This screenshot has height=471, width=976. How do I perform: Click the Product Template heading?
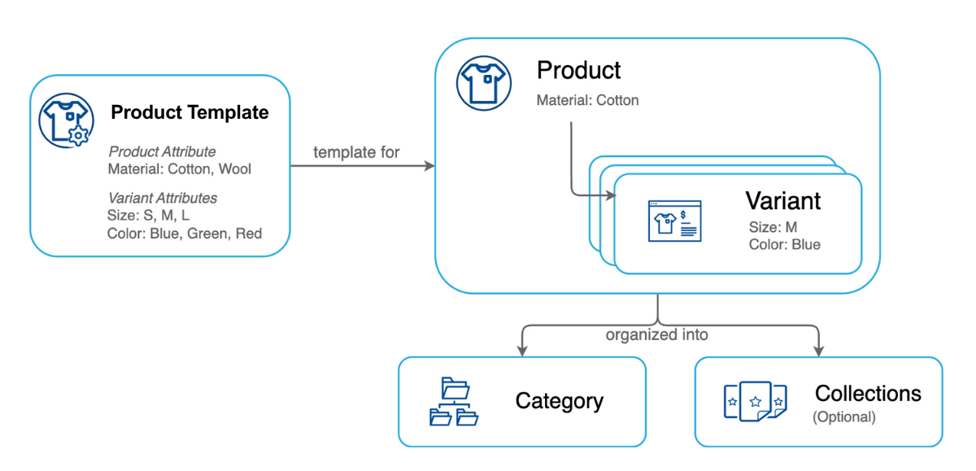pyautogui.click(x=190, y=112)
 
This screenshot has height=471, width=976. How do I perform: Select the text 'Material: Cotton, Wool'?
pyautogui.click(x=179, y=169)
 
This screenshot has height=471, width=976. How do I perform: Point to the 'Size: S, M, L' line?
pyautogui.click(x=149, y=216)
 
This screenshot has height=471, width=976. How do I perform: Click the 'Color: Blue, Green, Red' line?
pyautogui.click(x=185, y=233)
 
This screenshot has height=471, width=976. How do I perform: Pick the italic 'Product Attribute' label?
pyautogui.click(x=162, y=152)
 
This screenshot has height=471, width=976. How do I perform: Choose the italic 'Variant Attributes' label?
pyautogui.click(x=163, y=198)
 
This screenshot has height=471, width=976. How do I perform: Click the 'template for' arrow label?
pyautogui.click(x=356, y=152)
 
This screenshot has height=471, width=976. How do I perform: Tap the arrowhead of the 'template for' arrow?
pyautogui.click(x=429, y=167)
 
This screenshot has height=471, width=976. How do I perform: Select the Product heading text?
pyautogui.click(x=578, y=71)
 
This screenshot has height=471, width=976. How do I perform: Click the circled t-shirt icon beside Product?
pyautogui.click(x=483, y=82)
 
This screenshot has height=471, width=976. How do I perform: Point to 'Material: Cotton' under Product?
pyautogui.click(x=587, y=101)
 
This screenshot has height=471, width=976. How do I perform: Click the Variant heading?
pyautogui.click(x=782, y=201)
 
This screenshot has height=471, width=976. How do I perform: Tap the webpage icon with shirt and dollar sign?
pyautogui.click(x=673, y=220)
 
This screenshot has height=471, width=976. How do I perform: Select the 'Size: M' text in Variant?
pyautogui.click(x=773, y=227)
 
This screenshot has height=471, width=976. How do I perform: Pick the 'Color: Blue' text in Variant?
pyautogui.click(x=784, y=244)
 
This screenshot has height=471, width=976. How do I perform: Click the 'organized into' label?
pyautogui.click(x=656, y=334)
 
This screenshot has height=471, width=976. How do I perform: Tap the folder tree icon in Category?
pyautogui.click(x=453, y=402)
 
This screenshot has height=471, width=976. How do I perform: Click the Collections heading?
pyautogui.click(x=868, y=394)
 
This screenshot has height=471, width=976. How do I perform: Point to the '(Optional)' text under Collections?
pyautogui.click(x=844, y=417)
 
